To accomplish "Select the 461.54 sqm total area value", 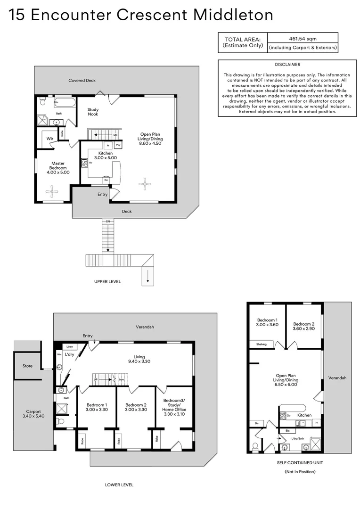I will coord(303,38).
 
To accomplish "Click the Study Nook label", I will coord(93,112).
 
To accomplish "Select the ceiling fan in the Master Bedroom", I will coord(51,190).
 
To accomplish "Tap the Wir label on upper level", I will coord(49,139).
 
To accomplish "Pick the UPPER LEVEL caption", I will coord(107,281).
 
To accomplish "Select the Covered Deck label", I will coord(82,81).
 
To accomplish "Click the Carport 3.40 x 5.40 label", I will coord(33,413).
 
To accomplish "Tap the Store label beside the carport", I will coord(27,366).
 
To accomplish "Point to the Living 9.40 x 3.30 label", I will coord(139,360).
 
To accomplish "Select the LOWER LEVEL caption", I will coord(119,484).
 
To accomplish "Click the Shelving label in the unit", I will coord(261,344).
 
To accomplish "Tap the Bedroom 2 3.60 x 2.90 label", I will coord(303,327).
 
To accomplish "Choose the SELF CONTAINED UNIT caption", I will coord(300,463).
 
